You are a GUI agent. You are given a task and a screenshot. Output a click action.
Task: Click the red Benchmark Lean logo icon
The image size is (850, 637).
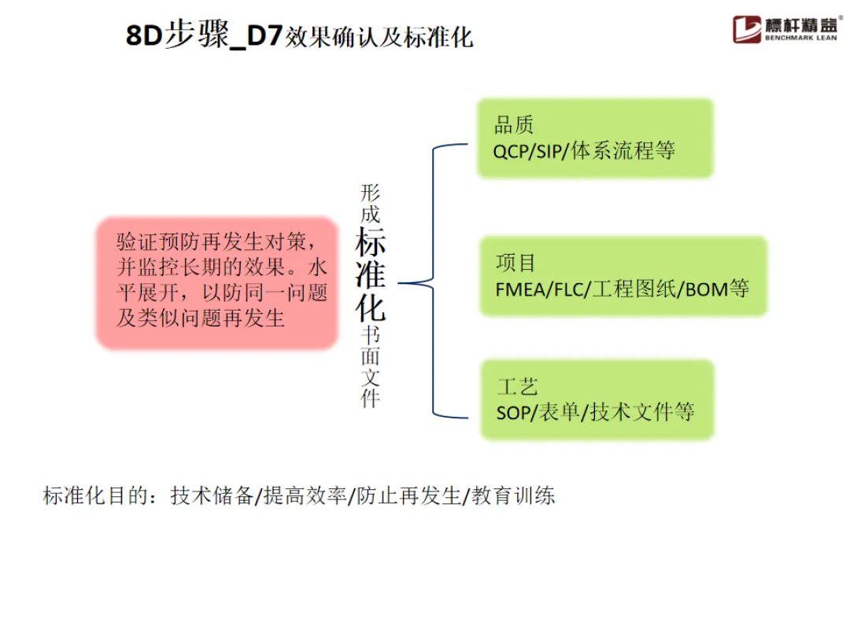click(747, 29)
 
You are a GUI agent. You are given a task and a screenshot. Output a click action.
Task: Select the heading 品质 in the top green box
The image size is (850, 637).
click(514, 125)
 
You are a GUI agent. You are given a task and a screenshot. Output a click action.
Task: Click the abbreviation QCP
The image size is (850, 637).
click(512, 151)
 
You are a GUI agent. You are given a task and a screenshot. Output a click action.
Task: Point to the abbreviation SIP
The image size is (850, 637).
click(550, 151)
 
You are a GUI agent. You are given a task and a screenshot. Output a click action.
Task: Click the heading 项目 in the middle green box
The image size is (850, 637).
click(516, 262)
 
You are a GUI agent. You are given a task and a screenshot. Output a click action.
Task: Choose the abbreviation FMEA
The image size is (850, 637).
click(520, 289)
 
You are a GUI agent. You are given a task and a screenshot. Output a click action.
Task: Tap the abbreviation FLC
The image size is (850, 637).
click(569, 289)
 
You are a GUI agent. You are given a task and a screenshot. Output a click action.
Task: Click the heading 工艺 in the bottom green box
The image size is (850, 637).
click(517, 386)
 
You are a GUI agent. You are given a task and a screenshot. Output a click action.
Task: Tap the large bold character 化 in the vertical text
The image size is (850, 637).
click(370, 307)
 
